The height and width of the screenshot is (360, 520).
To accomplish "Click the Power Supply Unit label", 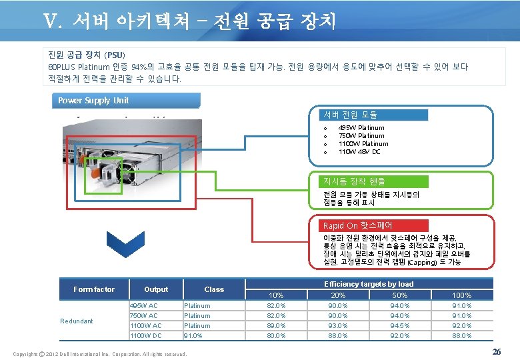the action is coord(93,101).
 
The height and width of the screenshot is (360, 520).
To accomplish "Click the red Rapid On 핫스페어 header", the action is coord(357,225).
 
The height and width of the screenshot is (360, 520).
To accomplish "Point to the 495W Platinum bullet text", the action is coord(361,127).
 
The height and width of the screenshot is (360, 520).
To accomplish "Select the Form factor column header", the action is coord(94,289).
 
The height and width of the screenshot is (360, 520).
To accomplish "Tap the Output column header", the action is coord(156,289).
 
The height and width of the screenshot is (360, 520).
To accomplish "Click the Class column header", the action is coord(214,289).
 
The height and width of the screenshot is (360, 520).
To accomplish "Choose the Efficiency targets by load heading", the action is coord(368,284).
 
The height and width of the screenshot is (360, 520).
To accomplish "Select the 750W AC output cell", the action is coord(144,315).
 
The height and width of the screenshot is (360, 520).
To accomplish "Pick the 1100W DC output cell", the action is coord(145,335).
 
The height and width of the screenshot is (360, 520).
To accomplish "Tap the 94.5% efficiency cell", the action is coord(400,325).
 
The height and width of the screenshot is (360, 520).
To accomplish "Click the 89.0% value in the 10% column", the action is coord(275,325).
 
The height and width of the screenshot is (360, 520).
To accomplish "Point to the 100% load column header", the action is coord(462,295).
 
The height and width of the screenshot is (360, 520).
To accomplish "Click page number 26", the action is coord(496,351).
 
